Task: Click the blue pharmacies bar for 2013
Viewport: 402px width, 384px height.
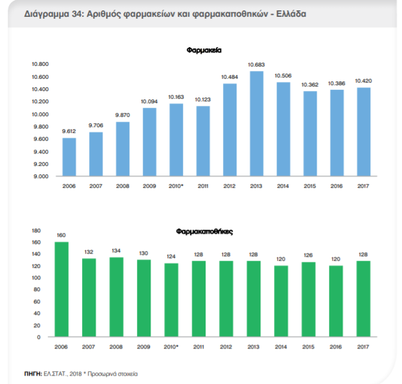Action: [x=256, y=123]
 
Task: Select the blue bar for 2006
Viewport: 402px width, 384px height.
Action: [x=69, y=157]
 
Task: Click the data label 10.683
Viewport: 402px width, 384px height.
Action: [x=256, y=65]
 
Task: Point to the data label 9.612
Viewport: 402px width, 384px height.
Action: [x=69, y=131]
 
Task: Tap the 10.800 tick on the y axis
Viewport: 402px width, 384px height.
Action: [x=41, y=65]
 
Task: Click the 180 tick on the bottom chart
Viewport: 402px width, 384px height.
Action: [x=36, y=230]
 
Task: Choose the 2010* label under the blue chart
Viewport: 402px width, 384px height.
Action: [x=176, y=186]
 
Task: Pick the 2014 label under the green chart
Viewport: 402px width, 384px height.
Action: [x=280, y=347]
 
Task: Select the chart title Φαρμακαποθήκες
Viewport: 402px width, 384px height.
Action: [x=204, y=230]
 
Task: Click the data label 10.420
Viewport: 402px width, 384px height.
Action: [x=363, y=81]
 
